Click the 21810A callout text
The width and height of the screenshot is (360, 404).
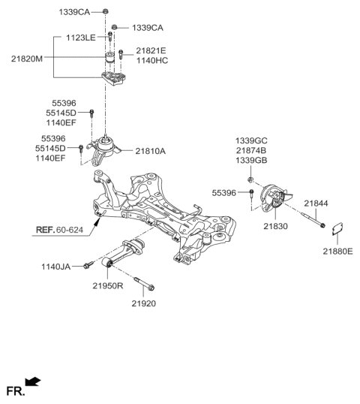tap(150, 151)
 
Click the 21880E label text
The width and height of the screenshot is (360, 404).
tap(337, 251)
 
